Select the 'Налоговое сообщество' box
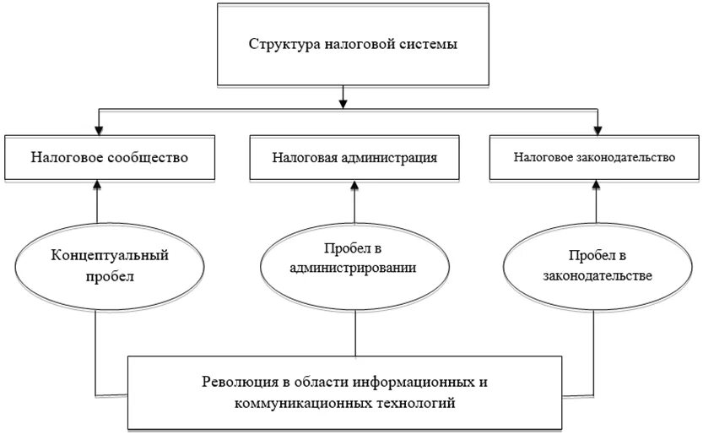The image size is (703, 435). (109, 156)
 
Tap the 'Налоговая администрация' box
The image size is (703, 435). (354, 156)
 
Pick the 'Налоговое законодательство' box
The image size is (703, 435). (595, 156)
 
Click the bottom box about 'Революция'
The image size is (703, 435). (346, 392)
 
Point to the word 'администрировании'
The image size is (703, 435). (354, 269)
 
